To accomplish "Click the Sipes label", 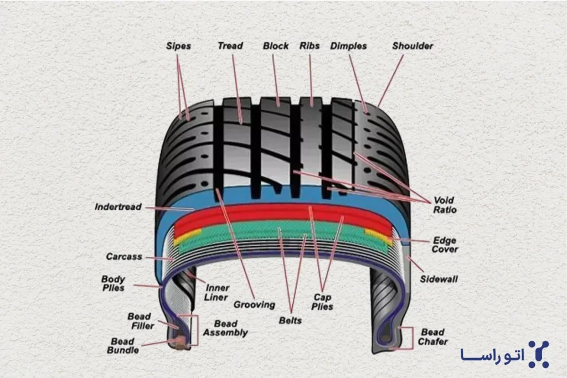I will point(178,46).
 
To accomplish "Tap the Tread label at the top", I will point(230,45).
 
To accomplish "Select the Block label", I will point(276,45).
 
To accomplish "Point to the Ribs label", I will point(309,45).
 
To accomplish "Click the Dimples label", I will point(348,46).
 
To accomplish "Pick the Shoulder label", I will point(412,45).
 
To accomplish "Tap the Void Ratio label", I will point(445,205).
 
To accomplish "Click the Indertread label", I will point(118,207).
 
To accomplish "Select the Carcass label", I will point(124,257).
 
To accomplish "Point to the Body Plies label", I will point(113,284).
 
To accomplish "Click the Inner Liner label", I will point(217,293).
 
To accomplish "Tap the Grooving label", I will point(254,304).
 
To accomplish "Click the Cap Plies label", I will point(323,301).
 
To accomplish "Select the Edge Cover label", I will point(445,245).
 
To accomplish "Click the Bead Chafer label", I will point(432,337).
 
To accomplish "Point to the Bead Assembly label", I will point(225,328).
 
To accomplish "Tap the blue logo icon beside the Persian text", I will point(538,354).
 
